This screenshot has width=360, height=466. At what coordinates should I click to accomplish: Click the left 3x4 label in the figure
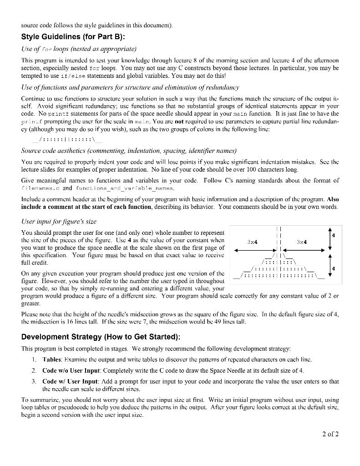coord(251,242)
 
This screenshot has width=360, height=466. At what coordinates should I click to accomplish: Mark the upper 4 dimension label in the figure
coord(333,235)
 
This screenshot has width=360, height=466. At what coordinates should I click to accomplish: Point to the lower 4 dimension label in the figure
coord(333,269)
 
